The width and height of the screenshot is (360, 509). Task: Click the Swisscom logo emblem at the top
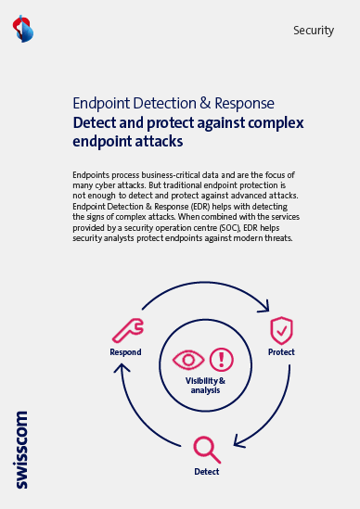pos(23,29)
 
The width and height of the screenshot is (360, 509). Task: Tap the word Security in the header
pos(314,31)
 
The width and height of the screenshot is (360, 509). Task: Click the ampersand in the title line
pos(205,103)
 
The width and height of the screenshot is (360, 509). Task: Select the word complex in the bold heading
pos(276,123)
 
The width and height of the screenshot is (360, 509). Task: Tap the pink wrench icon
pos(128,330)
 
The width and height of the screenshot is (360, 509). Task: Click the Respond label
pos(125,352)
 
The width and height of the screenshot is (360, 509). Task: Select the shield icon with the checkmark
pos(281,330)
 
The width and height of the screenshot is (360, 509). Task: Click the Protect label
pos(281,352)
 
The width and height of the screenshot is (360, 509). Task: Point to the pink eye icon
pos(188,360)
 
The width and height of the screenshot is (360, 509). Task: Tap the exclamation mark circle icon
pos(222,360)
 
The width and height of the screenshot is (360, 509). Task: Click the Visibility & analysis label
pos(205,386)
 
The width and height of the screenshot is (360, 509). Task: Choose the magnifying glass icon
pos(207,450)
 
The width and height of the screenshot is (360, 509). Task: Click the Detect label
pos(207,472)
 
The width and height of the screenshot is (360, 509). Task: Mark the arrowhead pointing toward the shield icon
pos(265,307)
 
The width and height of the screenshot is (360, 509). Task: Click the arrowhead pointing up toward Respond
pos(122,367)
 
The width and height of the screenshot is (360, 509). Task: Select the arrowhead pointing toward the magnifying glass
pos(238,442)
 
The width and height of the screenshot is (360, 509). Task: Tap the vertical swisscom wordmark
pos(21,450)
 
